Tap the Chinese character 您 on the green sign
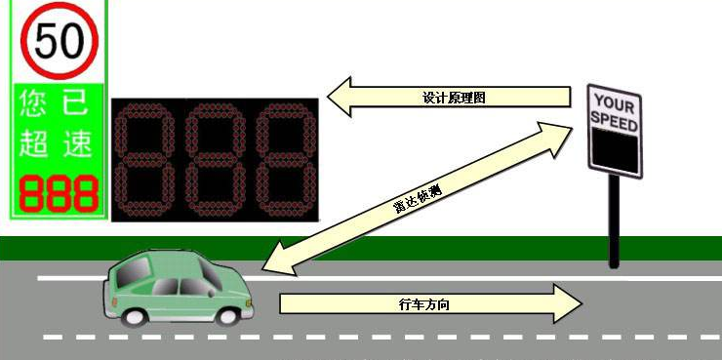pos(34,102)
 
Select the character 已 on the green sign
pos(76,102)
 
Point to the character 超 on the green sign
pos(34,143)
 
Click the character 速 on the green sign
pos(76,143)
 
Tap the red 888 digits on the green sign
pos(59,194)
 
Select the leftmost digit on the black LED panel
pos(145,158)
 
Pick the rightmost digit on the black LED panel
pos(283,158)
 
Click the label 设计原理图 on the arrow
pos(454,98)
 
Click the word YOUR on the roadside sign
pos(615,102)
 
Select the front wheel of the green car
pos(229,314)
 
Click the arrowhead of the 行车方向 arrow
pos(566,303)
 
